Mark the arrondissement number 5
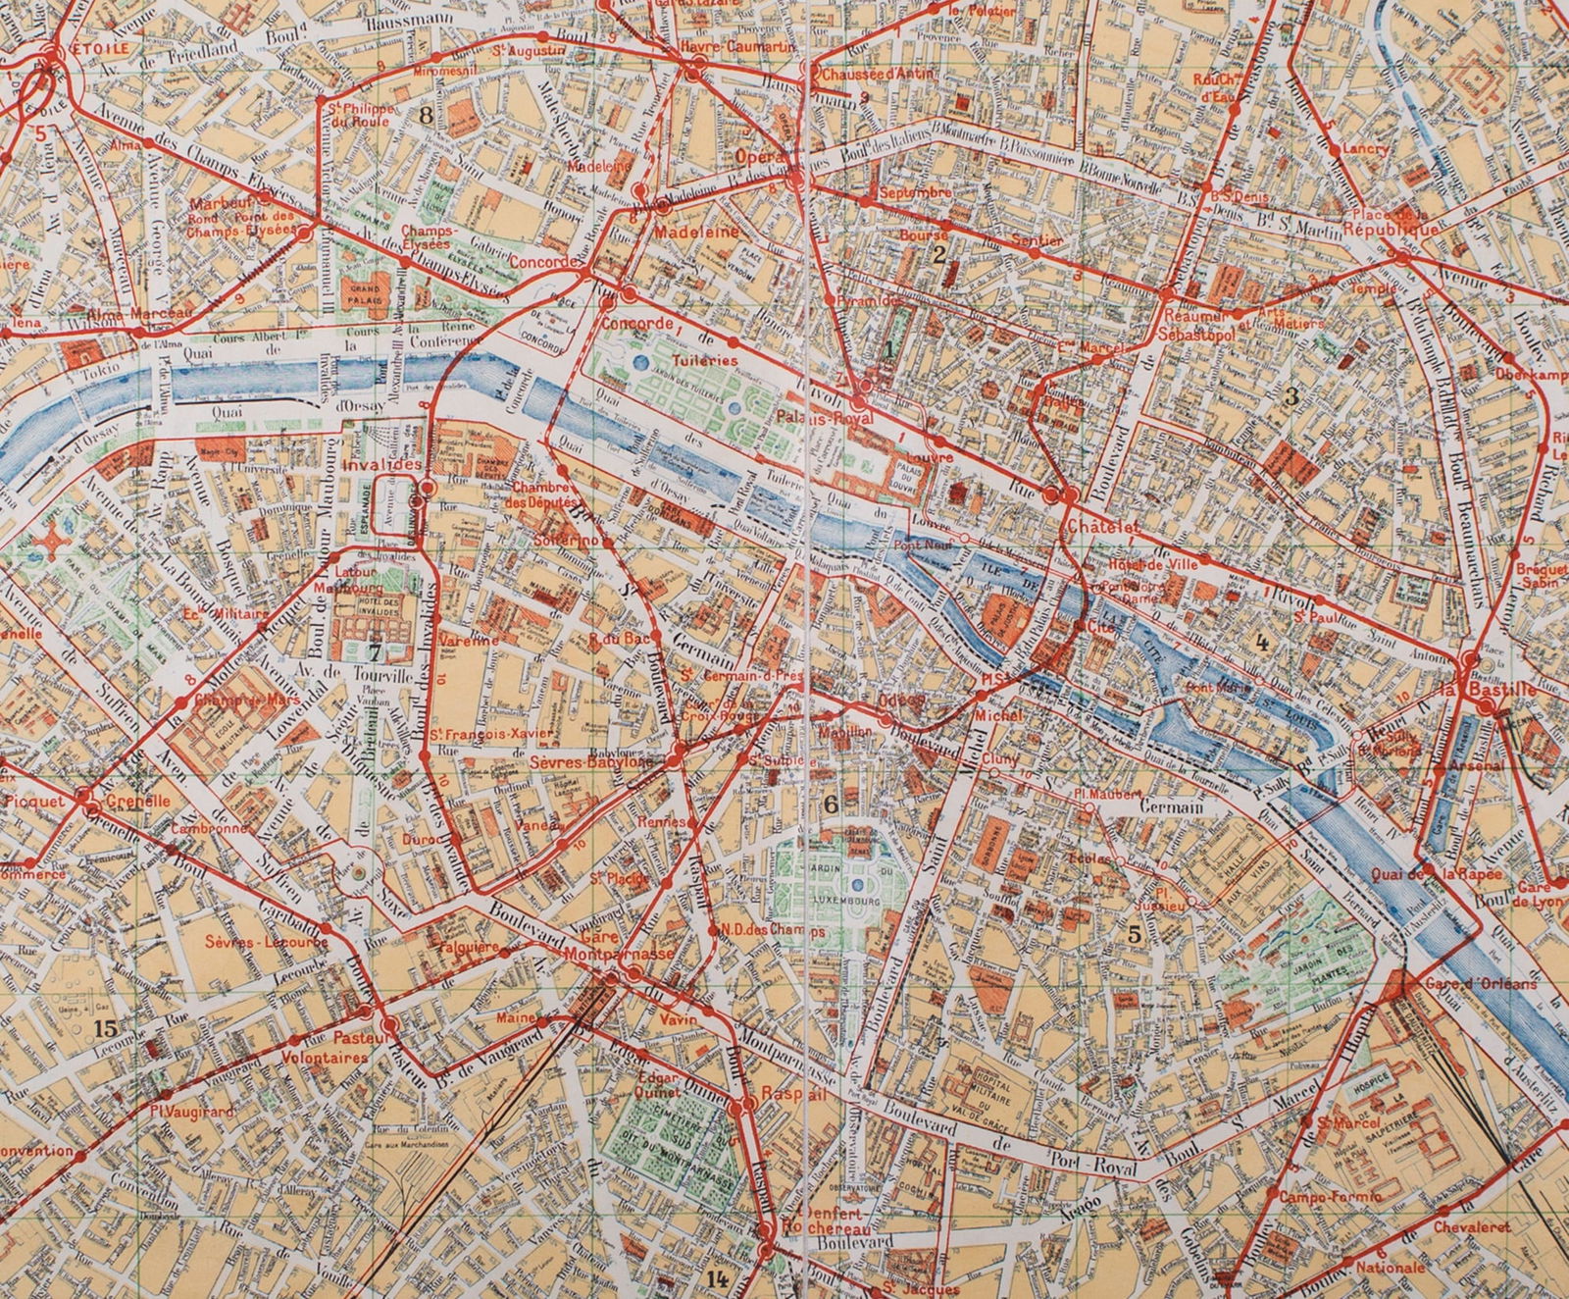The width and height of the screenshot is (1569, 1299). click(x=1134, y=934)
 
